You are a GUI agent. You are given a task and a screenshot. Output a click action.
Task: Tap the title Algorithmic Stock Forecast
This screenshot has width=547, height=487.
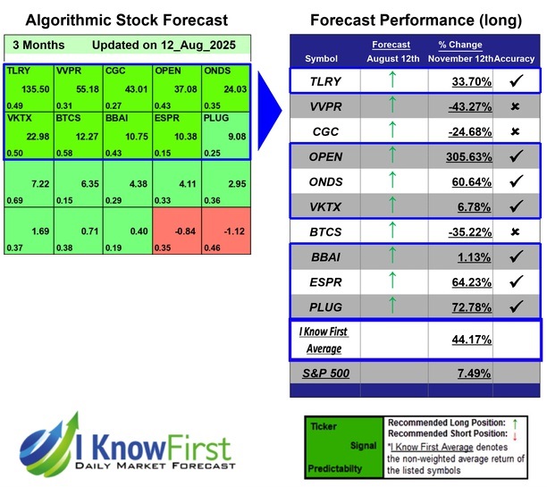tap(125, 20)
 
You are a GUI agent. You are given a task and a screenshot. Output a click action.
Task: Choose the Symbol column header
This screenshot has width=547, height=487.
tap(322, 58)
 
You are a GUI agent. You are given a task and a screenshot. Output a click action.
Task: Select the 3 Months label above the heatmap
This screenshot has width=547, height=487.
tap(33, 45)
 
